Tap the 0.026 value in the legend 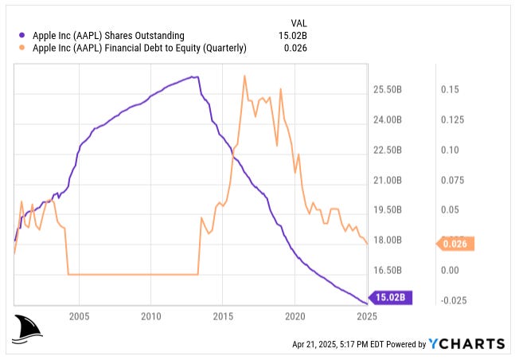tap(295, 48)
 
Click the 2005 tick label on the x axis tap(79, 316)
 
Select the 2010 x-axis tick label tap(150, 316)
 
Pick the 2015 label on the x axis tap(223, 316)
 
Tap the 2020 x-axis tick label tap(295, 316)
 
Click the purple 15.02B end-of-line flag tap(392, 298)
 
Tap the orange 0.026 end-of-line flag tap(456, 245)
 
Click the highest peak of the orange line tap(244, 76)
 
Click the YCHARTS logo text tap(466, 343)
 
